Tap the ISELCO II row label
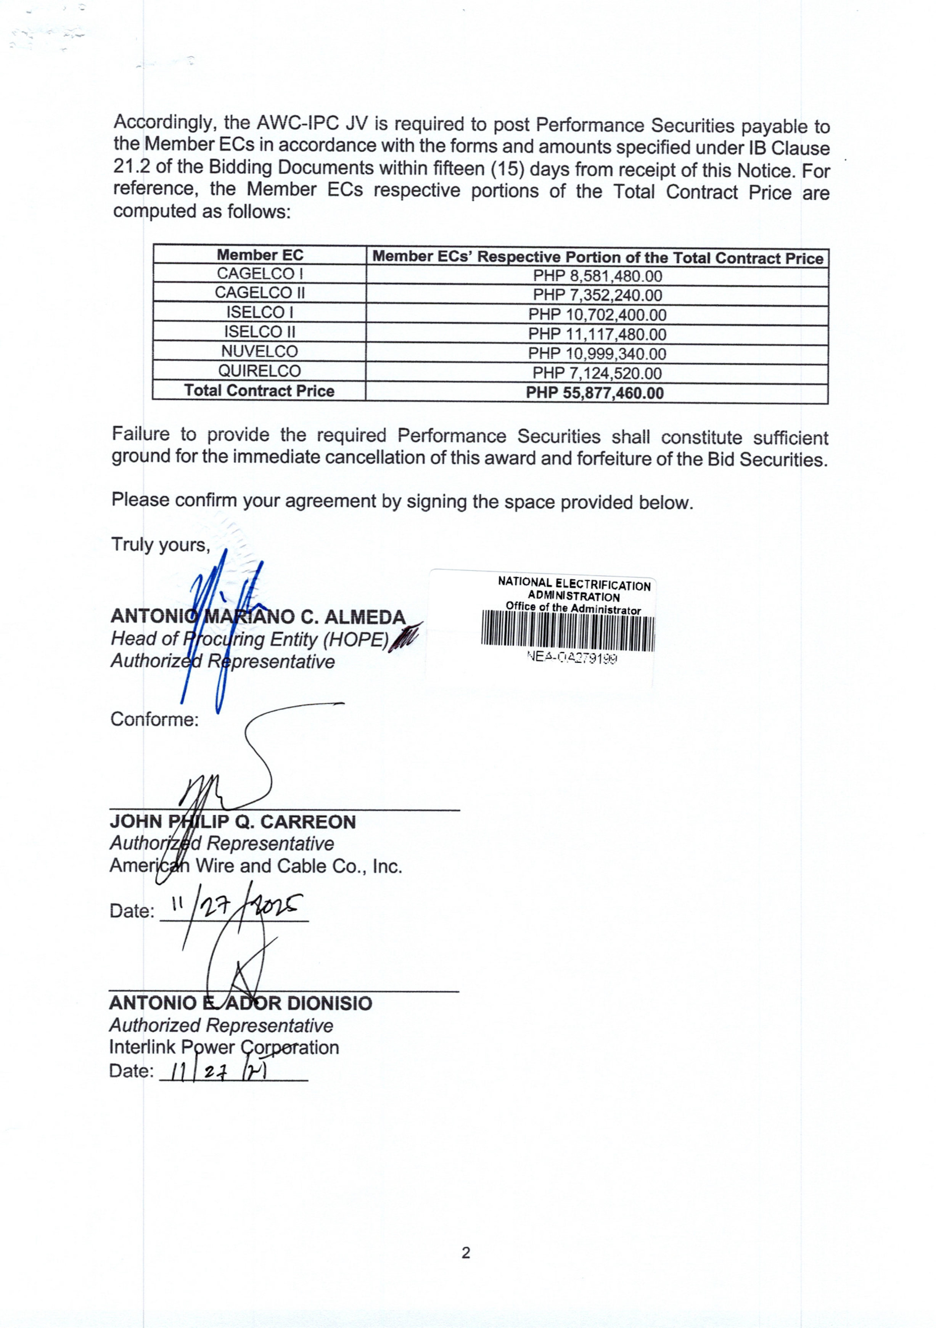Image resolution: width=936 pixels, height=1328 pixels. [260, 332]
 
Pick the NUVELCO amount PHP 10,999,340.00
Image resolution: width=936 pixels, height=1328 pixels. [597, 354]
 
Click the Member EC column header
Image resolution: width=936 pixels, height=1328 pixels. [260, 255]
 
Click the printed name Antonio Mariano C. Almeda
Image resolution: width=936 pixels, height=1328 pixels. [258, 617]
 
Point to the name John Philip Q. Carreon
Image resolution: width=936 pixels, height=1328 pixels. [233, 822]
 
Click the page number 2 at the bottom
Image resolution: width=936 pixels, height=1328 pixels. [466, 1253]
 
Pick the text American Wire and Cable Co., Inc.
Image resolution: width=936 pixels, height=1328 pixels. [256, 866]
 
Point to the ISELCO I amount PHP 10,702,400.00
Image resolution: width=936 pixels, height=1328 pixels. [597, 315]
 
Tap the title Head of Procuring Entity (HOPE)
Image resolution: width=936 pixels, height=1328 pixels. [249, 639]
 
